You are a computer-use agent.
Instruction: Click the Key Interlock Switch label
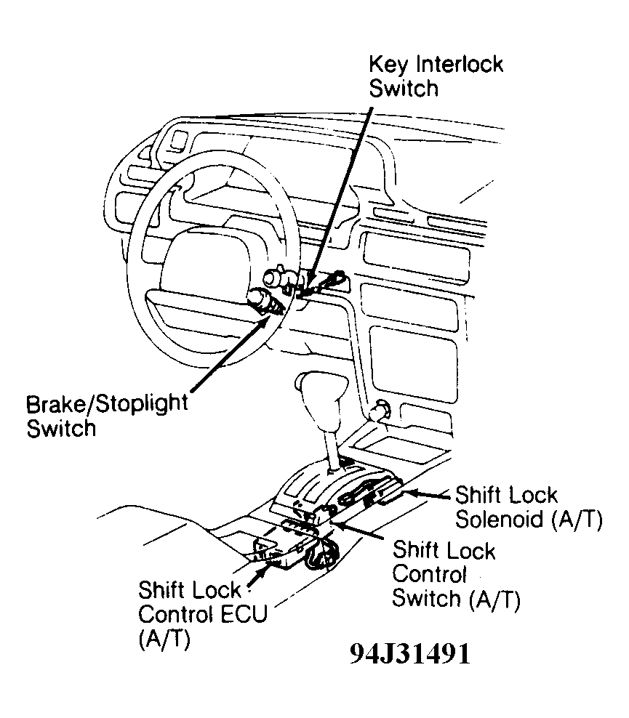(x=436, y=76)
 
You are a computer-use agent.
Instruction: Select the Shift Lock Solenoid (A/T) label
(x=529, y=507)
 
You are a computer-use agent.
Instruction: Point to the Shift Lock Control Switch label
(x=456, y=574)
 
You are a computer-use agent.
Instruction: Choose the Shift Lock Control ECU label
(x=202, y=614)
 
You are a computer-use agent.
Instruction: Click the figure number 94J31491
(x=410, y=654)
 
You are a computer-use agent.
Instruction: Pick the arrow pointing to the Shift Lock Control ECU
(x=257, y=576)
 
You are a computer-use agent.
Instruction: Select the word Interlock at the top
(x=459, y=64)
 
